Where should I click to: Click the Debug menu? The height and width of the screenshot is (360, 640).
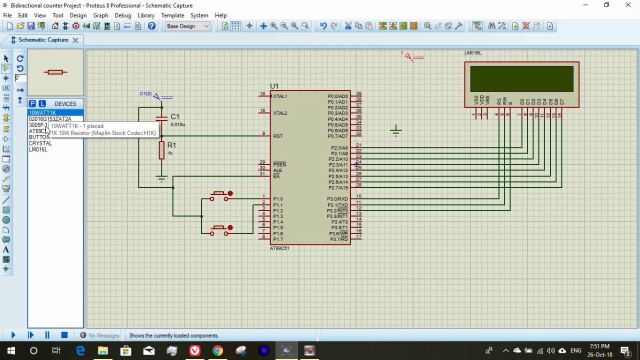pos(122,15)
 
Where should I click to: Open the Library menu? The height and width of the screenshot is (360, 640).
pos(146,15)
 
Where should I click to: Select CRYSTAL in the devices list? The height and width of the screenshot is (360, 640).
pos(40,143)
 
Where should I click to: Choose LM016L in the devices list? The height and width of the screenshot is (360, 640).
pos(38,149)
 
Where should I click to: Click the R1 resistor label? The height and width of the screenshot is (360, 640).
pos(171,145)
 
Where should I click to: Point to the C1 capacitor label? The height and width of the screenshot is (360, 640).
pos(174,116)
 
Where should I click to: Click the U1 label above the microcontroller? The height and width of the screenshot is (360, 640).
pos(274,86)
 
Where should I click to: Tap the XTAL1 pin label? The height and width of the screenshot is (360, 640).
pos(280,96)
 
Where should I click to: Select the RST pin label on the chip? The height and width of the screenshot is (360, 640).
pos(278,136)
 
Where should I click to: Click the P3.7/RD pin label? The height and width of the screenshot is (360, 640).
pos(338,239)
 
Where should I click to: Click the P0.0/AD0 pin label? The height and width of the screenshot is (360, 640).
pos(337,96)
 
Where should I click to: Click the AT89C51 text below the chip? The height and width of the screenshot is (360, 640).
pos(279,248)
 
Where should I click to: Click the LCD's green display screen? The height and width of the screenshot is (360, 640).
pos(521,79)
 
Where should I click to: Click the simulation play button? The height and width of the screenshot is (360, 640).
pos(13,335)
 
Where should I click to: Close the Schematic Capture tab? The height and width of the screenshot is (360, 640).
pos(75,40)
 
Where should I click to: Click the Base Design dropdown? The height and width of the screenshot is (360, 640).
pos(188,26)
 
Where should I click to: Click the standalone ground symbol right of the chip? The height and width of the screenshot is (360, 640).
pos(395,131)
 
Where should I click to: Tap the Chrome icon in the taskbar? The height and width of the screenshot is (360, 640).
pos(217,351)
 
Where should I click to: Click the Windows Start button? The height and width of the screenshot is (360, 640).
pos(11,351)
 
